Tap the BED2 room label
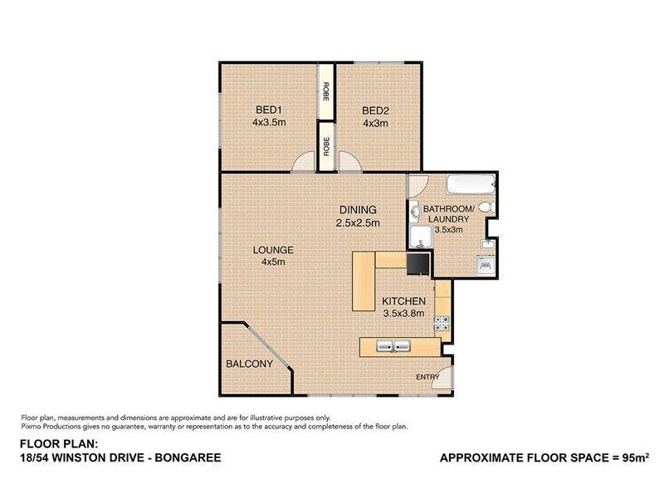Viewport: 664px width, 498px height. [375, 110]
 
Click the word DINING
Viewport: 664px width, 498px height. [358, 209]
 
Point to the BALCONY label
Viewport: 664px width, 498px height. [249, 364]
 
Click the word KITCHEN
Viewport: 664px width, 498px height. [403, 301]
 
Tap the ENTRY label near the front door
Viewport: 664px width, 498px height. [428, 378]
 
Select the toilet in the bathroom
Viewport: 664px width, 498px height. [488, 207]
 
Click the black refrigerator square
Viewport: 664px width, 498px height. [417, 263]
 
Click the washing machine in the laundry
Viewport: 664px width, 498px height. [486, 265]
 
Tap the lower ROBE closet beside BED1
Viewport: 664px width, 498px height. [326, 146]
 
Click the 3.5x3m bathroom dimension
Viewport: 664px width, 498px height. [447, 230]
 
